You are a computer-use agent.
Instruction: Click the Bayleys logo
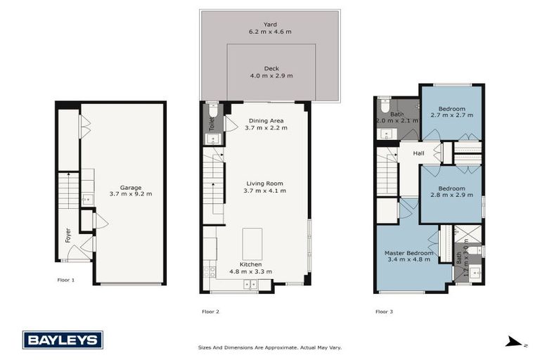(63, 340)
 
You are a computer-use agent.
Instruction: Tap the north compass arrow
(515, 342)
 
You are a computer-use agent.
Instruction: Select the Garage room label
(130, 191)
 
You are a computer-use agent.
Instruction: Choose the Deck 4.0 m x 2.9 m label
(270, 72)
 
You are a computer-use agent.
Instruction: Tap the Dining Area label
(265, 124)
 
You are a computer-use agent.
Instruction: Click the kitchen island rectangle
(252, 244)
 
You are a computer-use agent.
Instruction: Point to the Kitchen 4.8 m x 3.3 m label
(251, 268)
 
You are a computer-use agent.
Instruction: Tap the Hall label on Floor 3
(418, 153)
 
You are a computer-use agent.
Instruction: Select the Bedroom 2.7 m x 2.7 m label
(451, 112)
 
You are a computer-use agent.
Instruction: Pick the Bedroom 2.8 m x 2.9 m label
(451, 192)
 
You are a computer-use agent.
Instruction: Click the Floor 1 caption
(65, 279)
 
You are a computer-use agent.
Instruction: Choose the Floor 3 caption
(385, 310)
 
